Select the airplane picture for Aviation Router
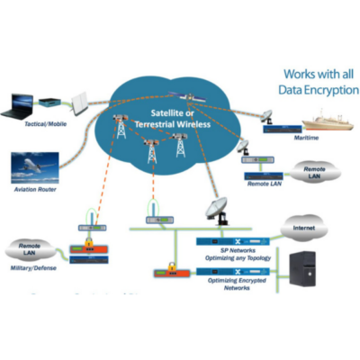(37, 166)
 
